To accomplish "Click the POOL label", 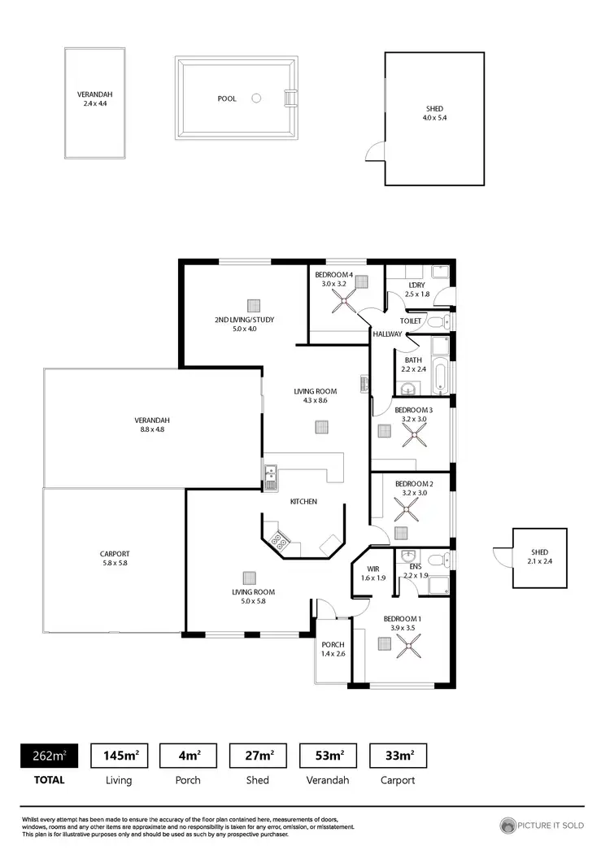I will (227, 98).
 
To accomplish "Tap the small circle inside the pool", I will (256, 98).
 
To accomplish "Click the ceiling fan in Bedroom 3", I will (414, 434).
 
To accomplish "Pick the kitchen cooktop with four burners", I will (281, 540).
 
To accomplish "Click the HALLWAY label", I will (387, 334).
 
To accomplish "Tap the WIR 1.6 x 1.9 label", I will (373, 573).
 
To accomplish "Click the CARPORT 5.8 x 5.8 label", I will (115, 558).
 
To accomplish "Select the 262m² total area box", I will (50, 756).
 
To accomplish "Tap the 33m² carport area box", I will (399, 756).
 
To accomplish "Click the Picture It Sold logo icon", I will (508, 826).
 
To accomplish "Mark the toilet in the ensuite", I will (436, 560).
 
